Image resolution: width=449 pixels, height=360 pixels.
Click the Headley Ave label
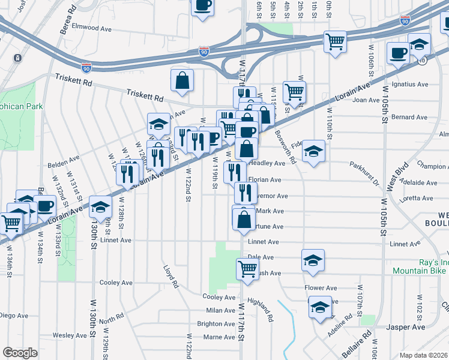pyautogui.click(x=267, y=163)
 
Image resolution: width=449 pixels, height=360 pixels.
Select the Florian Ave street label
pyautogui.click(x=265, y=179)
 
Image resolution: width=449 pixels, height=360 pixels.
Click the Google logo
pyautogui.click(x=20, y=353)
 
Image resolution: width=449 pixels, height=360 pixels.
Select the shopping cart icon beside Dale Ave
pyautogui.click(x=247, y=269)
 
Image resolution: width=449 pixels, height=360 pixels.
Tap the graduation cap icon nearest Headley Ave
pyautogui.click(x=313, y=152)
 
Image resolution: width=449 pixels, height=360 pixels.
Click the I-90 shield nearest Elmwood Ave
pyautogui.click(x=88, y=67)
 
